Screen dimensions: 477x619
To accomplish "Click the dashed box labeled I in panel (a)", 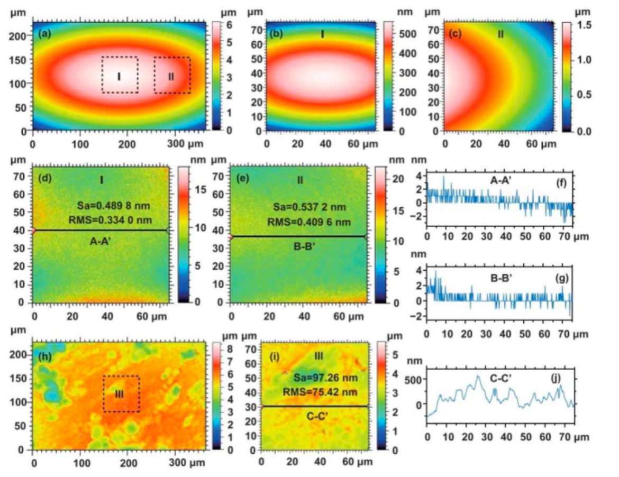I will point(120,75).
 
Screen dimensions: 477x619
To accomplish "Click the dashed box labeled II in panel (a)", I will point(172,75).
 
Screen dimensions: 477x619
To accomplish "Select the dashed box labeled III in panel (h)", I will point(121,393).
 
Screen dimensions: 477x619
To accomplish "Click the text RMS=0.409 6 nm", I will point(301,222).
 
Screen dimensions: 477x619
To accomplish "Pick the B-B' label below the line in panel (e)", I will point(299,245).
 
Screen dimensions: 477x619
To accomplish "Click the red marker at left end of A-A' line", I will point(34,231).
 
